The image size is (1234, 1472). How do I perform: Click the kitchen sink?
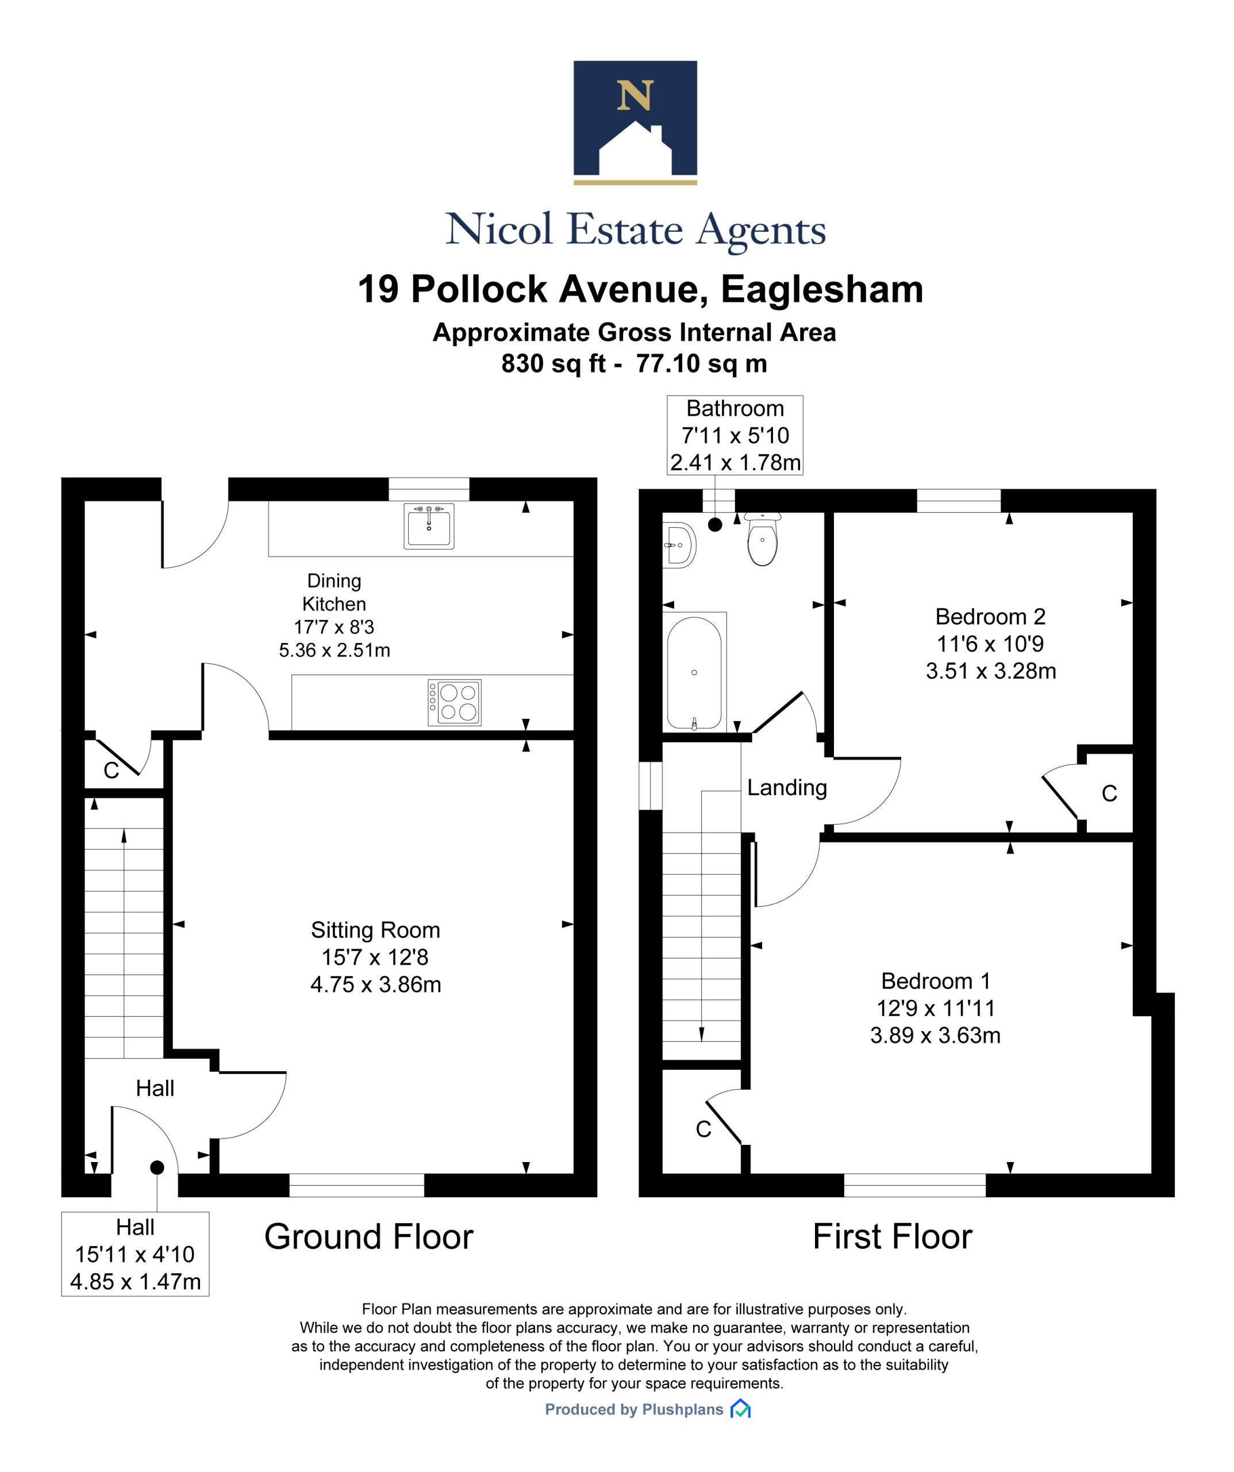(x=428, y=526)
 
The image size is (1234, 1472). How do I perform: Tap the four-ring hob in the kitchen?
(x=454, y=702)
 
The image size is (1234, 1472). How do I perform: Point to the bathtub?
(x=694, y=672)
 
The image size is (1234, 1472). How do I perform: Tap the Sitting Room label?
(x=375, y=930)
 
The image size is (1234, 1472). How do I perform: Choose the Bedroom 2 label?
(x=990, y=617)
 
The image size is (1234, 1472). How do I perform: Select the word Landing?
(x=787, y=788)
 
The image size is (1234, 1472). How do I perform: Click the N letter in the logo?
(x=635, y=95)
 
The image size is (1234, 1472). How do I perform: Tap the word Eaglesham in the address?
(x=822, y=289)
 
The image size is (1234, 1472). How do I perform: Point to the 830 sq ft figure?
(x=553, y=364)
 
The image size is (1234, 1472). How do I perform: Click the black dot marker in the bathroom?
(x=715, y=524)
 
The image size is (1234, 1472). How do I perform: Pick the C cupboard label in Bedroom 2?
(x=1109, y=793)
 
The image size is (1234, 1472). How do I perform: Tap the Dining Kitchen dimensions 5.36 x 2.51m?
(x=335, y=650)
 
